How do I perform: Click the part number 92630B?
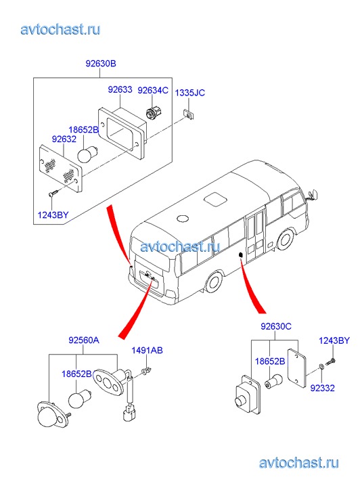pos(101,64)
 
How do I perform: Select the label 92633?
pos(120,89)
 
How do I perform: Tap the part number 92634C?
pos(153,91)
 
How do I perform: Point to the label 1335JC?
pos(189,93)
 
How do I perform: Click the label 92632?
pos(64,139)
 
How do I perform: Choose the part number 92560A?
pos(84,340)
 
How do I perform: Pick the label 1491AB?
pos(147,350)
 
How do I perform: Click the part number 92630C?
pos(276,327)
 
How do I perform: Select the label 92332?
pos(322,388)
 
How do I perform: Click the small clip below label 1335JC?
pos(189,114)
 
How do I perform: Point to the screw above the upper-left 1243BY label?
pos(53,193)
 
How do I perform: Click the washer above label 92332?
pos(321,366)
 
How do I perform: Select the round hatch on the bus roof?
pos(183,219)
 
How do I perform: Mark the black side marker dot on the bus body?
pos(241,254)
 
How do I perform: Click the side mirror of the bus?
pos(314,194)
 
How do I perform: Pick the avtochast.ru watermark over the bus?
pos(180,246)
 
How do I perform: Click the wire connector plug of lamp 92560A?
pos(129,413)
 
